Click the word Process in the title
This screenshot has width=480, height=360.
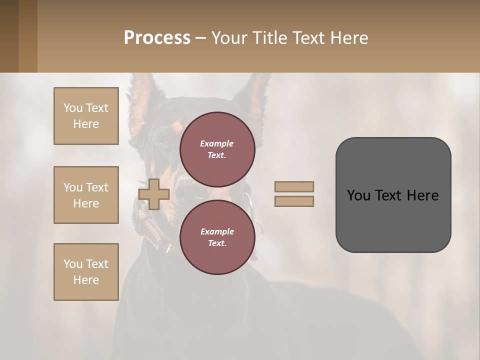tap(157, 38)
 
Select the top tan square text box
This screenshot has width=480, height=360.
tap(86, 116)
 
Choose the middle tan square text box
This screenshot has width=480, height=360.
tap(86, 195)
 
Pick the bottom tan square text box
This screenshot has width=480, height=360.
tap(86, 272)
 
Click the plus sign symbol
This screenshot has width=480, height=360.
tap(154, 194)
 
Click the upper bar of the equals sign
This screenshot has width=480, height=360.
tap(294, 186)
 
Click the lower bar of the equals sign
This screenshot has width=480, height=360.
tap(294, 201)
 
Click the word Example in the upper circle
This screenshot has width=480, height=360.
tap(217, 143)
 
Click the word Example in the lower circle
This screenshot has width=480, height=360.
tap(217, 231)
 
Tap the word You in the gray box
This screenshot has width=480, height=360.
tap(358, 195)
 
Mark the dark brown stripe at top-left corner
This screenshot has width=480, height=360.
tap(9, 36)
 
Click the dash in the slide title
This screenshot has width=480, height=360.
tap(200, 38)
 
